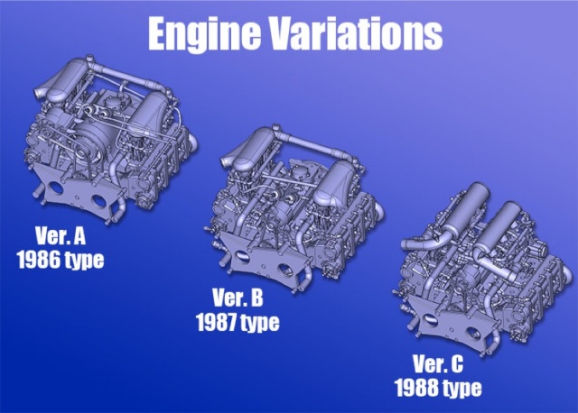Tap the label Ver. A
point(61,236)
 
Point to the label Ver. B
point(238,298)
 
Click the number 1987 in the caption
point(217,322)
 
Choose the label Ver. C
point(438,363)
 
